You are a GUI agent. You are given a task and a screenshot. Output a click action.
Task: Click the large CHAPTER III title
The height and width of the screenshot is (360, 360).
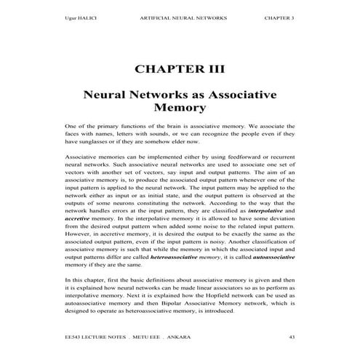180,71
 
